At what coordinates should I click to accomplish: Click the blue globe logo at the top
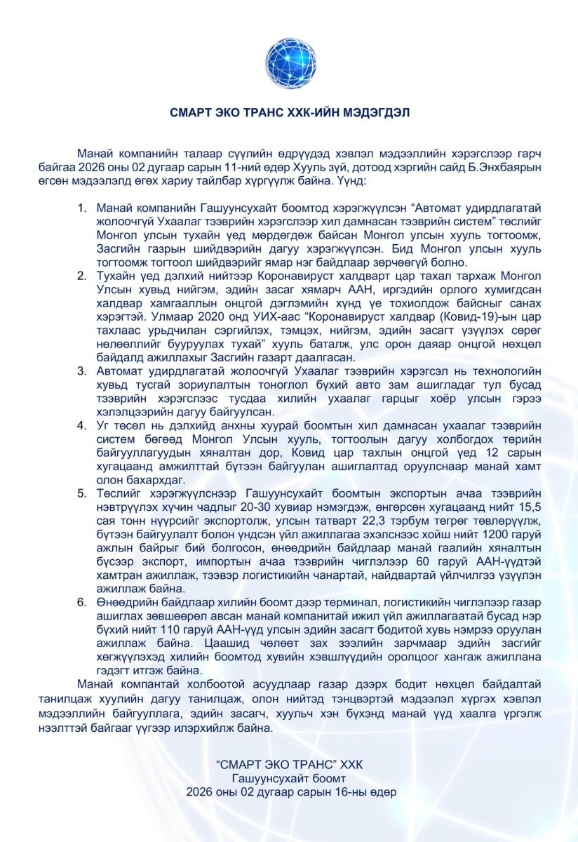coord(290,63)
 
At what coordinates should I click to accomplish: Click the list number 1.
coord(81,208)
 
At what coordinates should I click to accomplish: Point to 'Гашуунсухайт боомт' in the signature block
coord(290,778)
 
